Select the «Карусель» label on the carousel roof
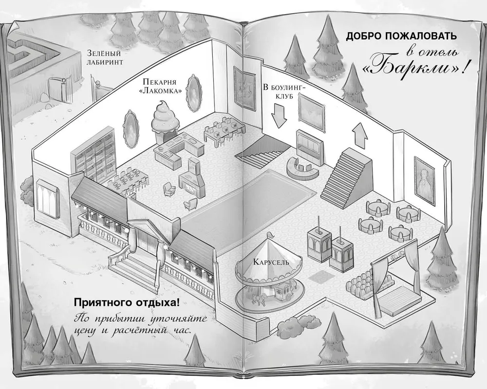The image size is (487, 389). [x=271, y=262]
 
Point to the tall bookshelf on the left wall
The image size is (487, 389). [x=94, y=153]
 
